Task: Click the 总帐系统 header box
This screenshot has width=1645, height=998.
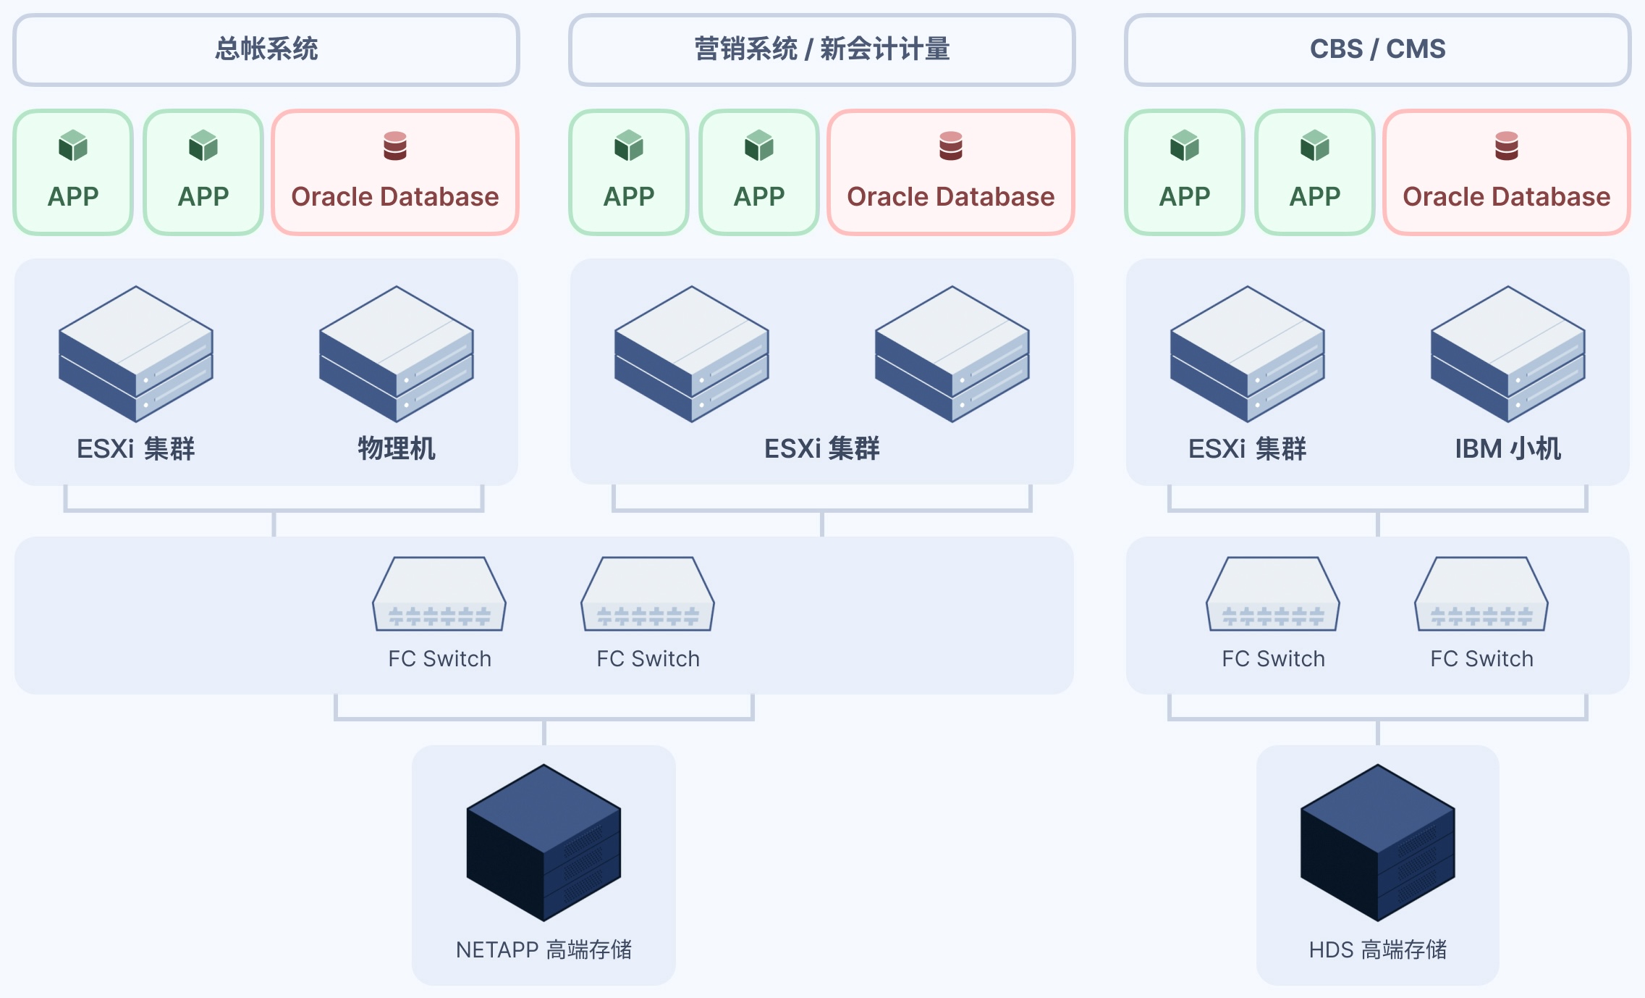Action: (266, 49)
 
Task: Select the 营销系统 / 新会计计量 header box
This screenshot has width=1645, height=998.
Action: (821, 49)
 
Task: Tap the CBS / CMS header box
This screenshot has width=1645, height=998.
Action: (1377, 49)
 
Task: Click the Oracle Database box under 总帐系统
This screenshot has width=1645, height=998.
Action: (395, 172)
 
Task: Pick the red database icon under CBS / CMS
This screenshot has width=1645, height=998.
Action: (1506, 146)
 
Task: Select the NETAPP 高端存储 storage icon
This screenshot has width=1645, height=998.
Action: (544, 842)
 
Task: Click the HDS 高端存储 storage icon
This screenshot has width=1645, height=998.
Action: (1377, 842)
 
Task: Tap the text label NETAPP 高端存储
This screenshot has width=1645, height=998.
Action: (544, 949)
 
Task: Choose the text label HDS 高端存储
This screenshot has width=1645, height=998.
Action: (1377, 949)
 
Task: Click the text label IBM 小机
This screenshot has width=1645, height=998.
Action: (1507, 449)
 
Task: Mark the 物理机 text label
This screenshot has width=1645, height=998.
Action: (396, 449)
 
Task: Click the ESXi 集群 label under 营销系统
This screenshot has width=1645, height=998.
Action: (821, 449)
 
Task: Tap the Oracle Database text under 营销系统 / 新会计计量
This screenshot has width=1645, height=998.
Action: (950, 197)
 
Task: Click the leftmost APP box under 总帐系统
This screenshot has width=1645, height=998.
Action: (73, 172)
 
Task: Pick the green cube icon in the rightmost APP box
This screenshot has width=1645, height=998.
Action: (1315, 146)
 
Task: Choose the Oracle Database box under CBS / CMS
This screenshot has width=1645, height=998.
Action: (1506, 172)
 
